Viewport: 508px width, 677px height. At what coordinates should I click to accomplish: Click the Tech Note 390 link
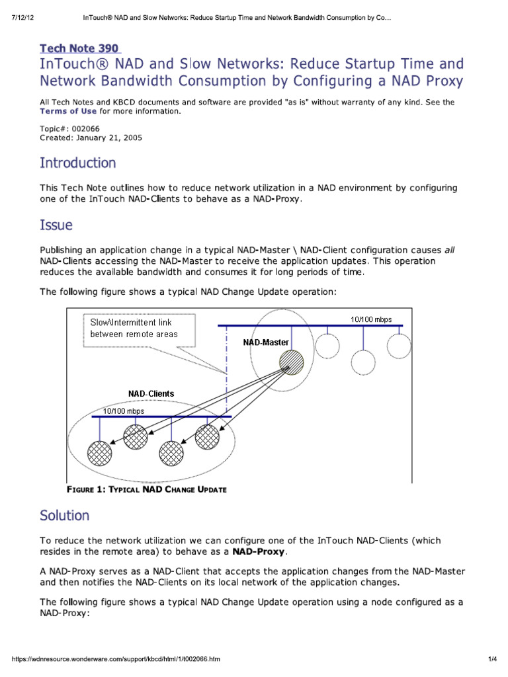(80, 48)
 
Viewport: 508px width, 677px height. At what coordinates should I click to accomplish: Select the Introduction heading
(77, 163)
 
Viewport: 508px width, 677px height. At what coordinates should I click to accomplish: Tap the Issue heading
(56, 225)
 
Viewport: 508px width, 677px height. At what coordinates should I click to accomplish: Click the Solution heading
(64, 515)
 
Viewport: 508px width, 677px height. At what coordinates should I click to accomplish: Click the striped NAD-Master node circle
(292, 362)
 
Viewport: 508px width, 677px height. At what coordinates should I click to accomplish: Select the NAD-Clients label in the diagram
(151, 393)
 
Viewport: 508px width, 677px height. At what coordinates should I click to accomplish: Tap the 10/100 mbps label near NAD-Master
(371, 319)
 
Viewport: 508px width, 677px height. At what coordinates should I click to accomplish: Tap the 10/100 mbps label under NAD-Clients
(123, 411)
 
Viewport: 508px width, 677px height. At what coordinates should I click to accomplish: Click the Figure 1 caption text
(147, 489)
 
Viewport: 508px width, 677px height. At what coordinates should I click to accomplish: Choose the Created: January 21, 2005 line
(91, 138)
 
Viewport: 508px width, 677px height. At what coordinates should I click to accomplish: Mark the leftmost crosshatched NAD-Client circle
(101, 453)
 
